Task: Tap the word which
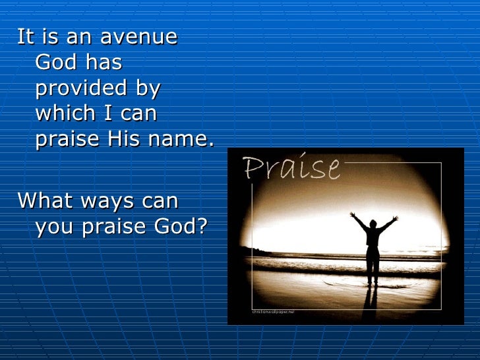(62, 114)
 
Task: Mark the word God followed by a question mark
(182, 226)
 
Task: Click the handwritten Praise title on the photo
(291, 168)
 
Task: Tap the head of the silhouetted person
(374, 225)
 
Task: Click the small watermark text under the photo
(272, 311)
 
